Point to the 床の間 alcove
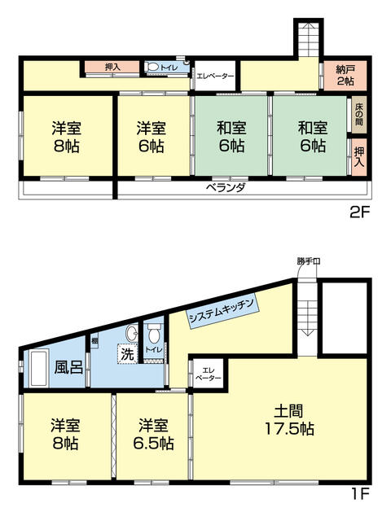pyautogui.click(x=358, y=114)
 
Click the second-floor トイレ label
pyautogui.click(x=168, y=68)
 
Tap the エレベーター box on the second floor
pyautogui.click(x=215, y=77)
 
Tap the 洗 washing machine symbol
pyautogui.click(x=126, y=354)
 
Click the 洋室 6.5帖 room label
pyautogui.click(x=154, y=434)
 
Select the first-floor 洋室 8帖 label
pyautogui.click(x=65, y=434)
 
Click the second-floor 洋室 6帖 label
pyautogui.click(x=152, y=137)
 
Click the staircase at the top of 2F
pyautogui.click(x=308, y=37)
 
